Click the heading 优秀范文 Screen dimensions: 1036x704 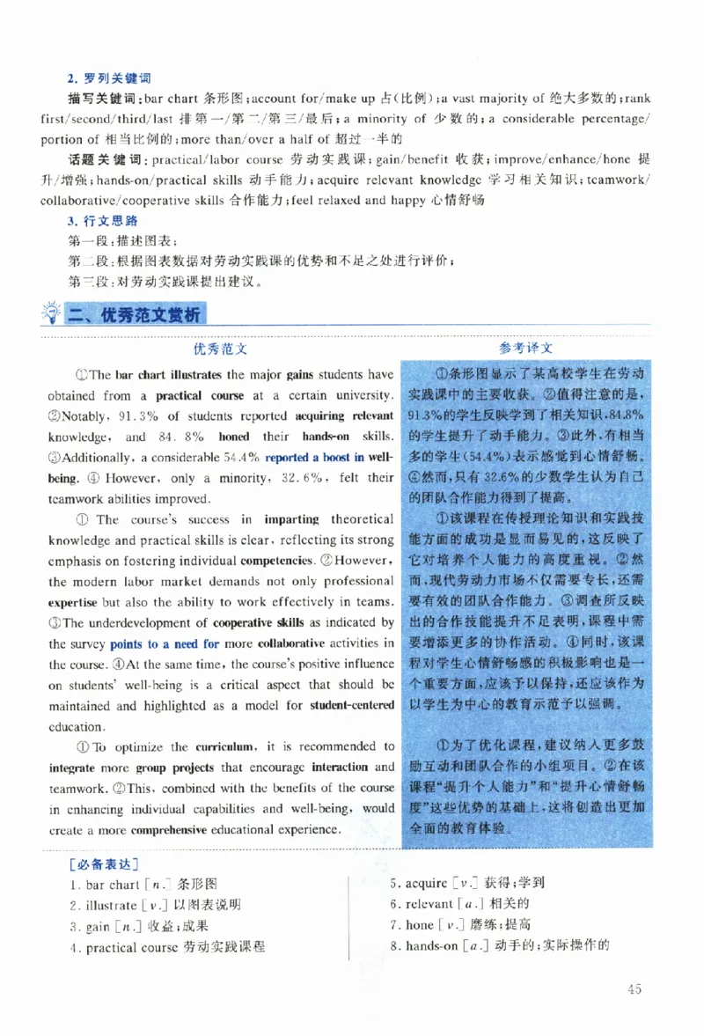coord(220,349)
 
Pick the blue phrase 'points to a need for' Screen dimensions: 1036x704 coord(165,643)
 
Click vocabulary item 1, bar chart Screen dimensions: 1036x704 coord(104,885)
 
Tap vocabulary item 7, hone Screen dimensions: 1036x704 coord(420,925)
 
